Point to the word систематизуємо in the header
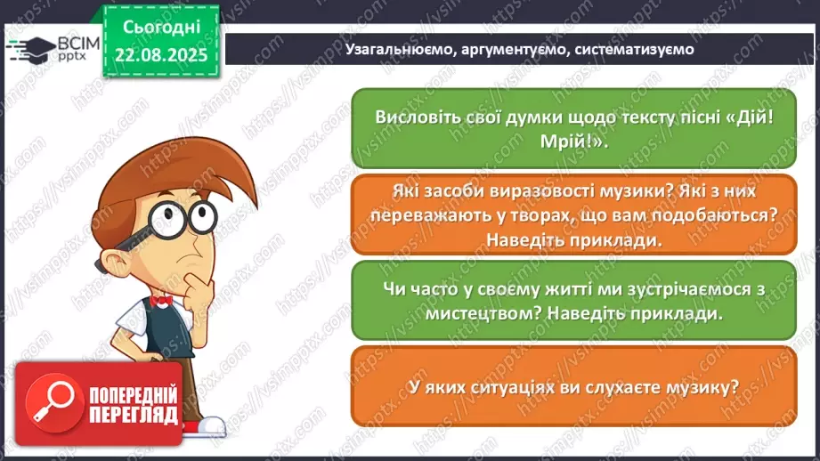pyautogui.click(x=634, y=50)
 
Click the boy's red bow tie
pyautogui.click(x=161, y=301)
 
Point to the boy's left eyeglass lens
pyautogui.click(x=160, y=218)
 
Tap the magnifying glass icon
pyautogui.click(x=50, y=404)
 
